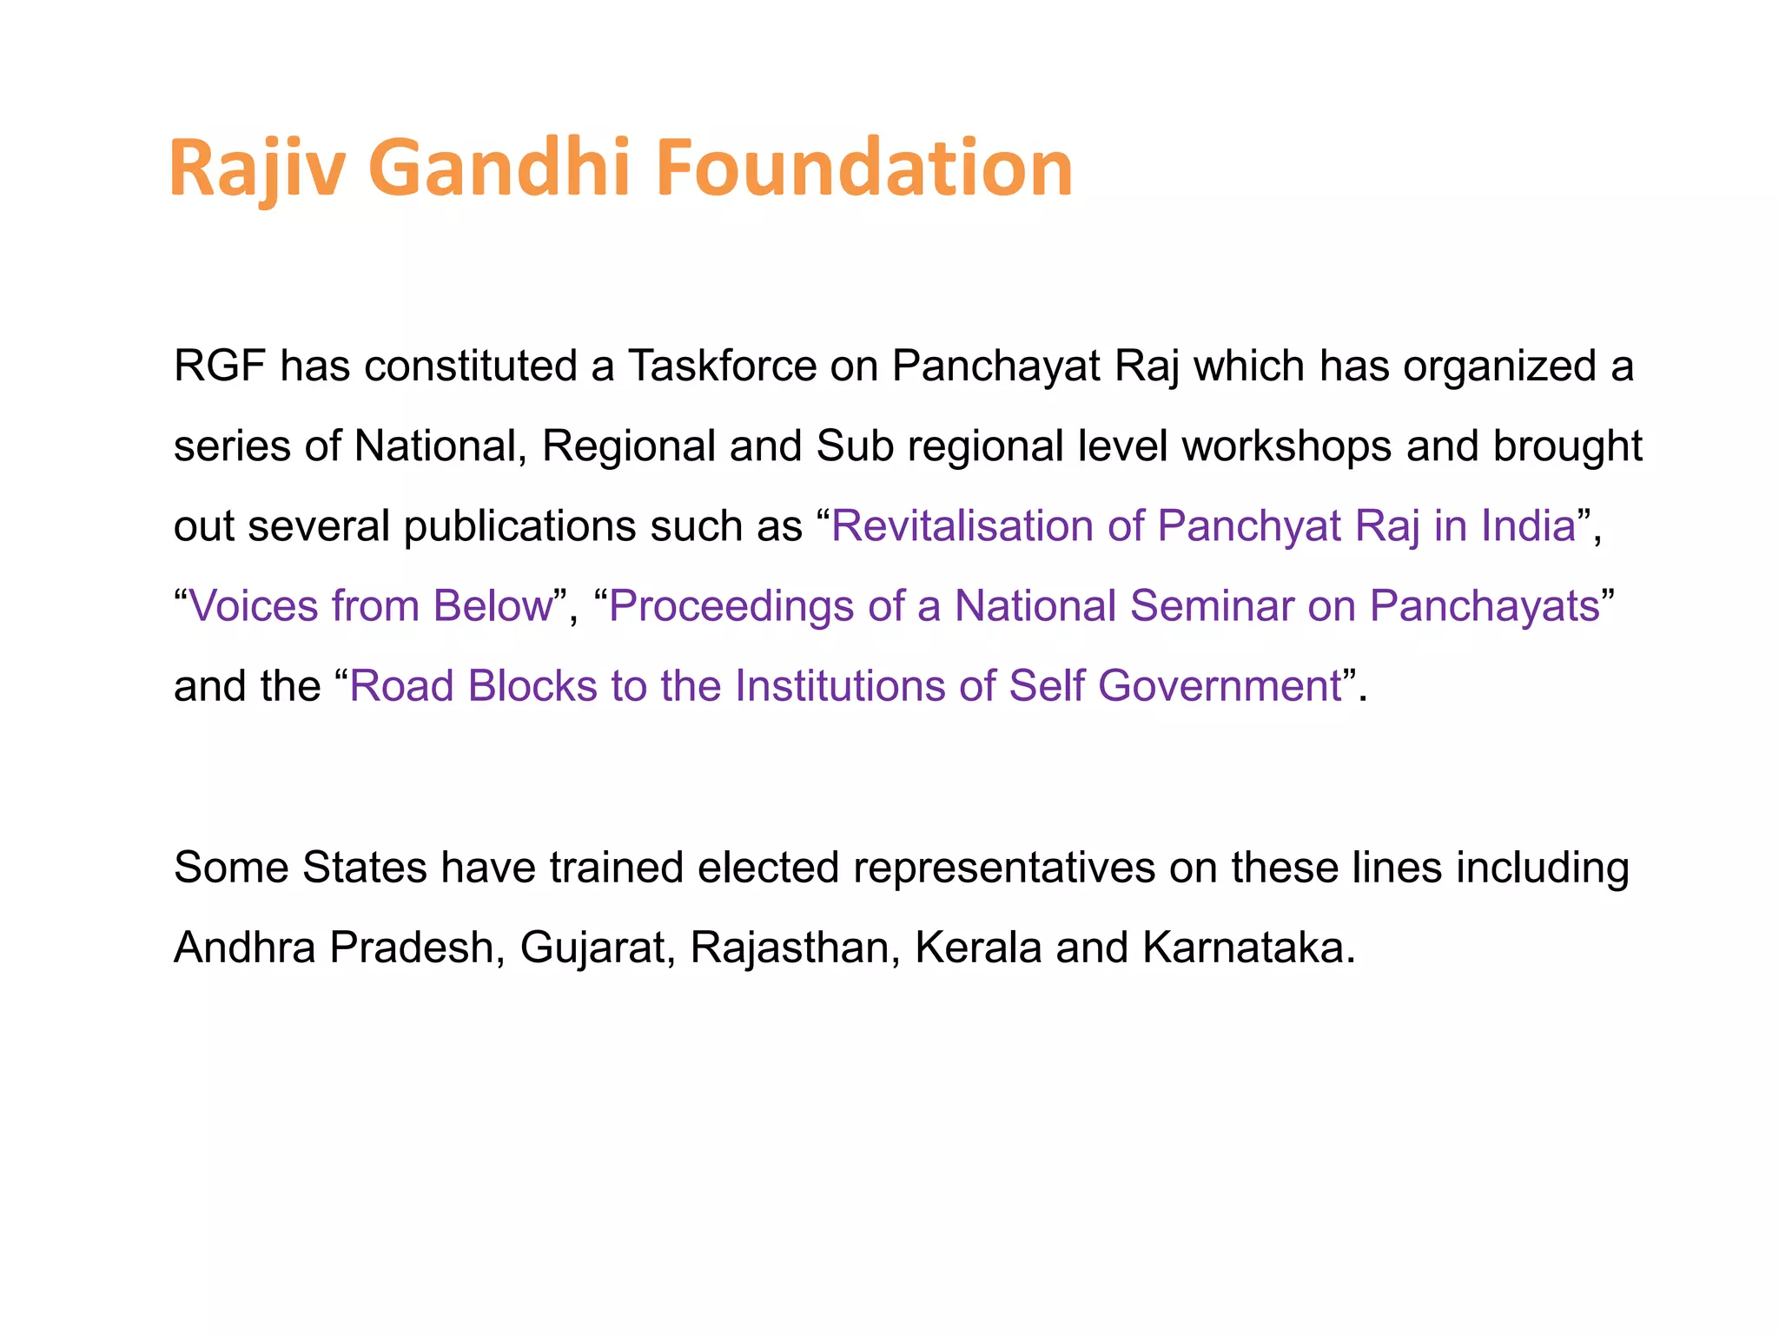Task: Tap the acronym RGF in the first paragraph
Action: (219, 367)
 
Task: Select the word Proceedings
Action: (731, 606)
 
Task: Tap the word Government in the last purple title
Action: (1220, 686)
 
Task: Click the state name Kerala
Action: (978, 948)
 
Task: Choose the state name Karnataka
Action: (1247, 948)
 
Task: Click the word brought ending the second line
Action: (1567, 446)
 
